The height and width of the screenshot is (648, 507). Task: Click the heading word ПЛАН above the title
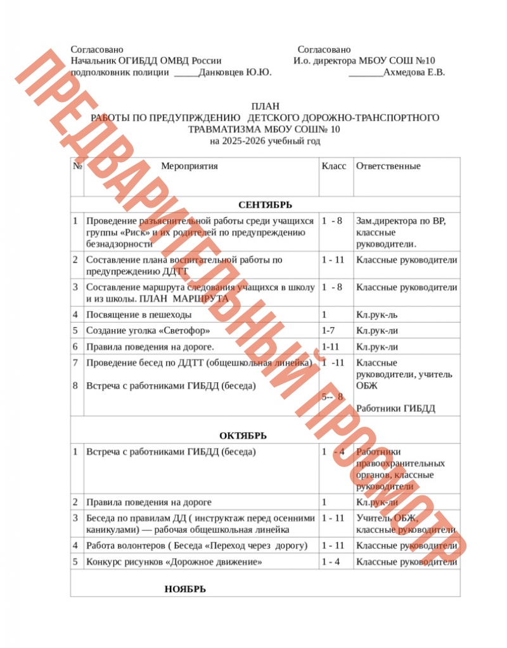pyautogui.click(x=265, y=107)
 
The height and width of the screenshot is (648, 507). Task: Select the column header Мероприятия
pyautogui.click(x=189, y=166)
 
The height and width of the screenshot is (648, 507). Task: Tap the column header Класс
pyautogui.click(x=334, y=166)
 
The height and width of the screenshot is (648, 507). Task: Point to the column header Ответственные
pyautogui.click(x=388, y=166)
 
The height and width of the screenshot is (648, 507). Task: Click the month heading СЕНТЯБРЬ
pyautogui.click(x=265, y=204)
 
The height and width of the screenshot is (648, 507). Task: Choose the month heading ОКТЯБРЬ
pyautogui.click(x=243, y=435)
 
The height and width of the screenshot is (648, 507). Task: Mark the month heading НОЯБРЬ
pyautogui.click(x=185, y=589)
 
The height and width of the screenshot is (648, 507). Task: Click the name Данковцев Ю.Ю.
pyautogui.click(x=235, y=72)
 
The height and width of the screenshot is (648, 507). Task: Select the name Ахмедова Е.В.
pyautogui.click(x=414, y=72)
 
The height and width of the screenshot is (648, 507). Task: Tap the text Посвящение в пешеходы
pyautogui.click(x=139, y=315)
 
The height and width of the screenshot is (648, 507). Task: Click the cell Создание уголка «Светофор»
pyautogui.click(x=148, y=330)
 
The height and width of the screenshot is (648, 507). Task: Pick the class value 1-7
pyautogui.click(x=328, y=330)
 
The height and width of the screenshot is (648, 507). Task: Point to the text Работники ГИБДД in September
pyautogui.click(x=395, y=408)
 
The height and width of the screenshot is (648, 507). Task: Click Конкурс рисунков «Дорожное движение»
pyautogui.click(x=174, y=562)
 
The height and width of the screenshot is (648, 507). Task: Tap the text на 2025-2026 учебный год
pyautogui.click(x=265, y=140)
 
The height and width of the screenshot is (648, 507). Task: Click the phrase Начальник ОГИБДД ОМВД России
pyautogui.click(x=146, y=61)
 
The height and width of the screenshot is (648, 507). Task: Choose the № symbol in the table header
pyautogui.click(x=77, y=166)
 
